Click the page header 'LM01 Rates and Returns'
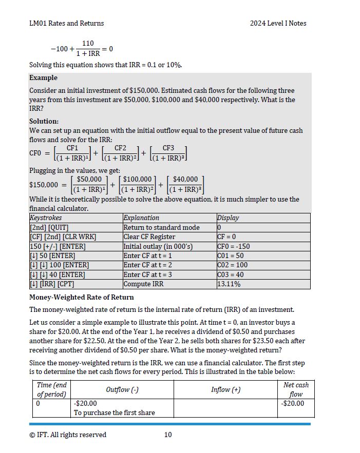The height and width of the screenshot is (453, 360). pos(66,23)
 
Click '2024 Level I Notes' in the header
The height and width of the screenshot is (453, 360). pos(278,23)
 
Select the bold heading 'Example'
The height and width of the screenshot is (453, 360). pos(43,78)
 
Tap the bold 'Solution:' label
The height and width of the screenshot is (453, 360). pos(44,121)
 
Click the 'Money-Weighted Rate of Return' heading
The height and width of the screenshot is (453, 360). pos(81,297)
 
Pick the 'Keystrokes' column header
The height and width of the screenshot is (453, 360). pos(46,218)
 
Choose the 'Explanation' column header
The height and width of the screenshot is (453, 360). pos(141,218)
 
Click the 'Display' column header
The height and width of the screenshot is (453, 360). pos(228,218)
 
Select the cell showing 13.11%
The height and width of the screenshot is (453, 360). pos(229,284)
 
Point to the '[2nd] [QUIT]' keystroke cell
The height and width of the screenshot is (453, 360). pos(49,227)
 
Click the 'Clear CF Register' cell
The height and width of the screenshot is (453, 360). pos(149,237)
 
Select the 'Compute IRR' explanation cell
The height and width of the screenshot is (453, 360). pos(143,284)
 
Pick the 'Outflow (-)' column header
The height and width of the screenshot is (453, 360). pos(122,389)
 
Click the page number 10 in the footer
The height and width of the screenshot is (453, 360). pos(168,435)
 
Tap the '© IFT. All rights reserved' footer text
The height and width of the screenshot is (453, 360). pos(68,435)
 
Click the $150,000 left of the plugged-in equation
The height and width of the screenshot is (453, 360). pos(44,185)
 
